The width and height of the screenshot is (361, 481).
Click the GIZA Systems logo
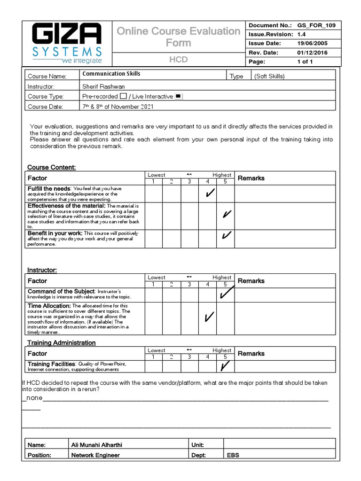[66, 44]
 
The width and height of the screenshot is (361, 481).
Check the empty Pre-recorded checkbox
[123, 96]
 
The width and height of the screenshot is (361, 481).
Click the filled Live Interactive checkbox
[178, 96]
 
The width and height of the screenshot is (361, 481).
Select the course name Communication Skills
[111, 74]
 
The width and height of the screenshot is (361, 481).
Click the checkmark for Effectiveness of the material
[227, 215]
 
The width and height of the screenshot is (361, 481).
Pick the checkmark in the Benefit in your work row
[227, 235]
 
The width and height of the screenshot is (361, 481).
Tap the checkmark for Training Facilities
[226, 365]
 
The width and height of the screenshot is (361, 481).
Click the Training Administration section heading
[61, 343]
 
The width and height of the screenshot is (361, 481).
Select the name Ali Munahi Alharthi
[100, 445]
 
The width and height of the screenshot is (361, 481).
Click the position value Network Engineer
[95, 455]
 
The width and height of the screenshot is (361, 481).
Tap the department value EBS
[233, 455]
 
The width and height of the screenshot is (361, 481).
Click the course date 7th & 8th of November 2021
[118, 107]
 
